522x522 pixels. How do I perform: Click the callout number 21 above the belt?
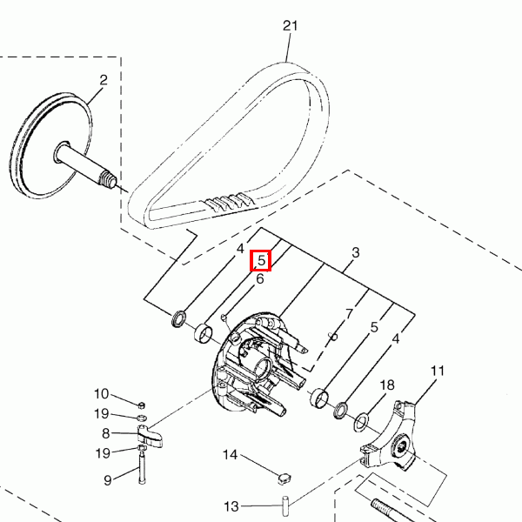(290, 25)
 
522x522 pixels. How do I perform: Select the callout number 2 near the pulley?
(104, 80)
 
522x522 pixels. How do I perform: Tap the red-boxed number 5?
(261, 260)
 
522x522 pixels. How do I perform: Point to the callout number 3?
(356, 252)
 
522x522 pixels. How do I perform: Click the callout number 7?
(349, 313)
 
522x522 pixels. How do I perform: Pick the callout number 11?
(437, 371)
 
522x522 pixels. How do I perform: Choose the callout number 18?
(387, 385)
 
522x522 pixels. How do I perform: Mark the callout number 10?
(101, 394)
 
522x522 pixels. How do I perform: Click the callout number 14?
(230, 455)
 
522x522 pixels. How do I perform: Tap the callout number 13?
(231, 506)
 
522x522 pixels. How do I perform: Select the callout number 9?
(107, 480)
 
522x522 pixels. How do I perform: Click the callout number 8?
(105, 433)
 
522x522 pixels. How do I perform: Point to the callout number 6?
(259, 278)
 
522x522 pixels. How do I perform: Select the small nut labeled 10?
(141, 405)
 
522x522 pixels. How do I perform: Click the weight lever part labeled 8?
(150, 436)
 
